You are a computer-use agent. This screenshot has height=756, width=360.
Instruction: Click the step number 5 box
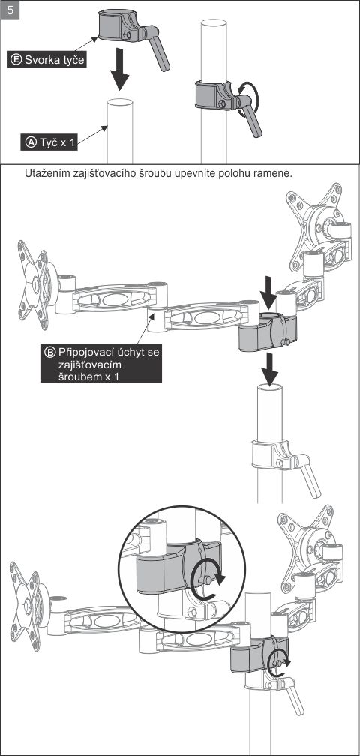point(10,10)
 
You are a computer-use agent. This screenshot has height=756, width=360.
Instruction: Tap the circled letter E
point(16,60)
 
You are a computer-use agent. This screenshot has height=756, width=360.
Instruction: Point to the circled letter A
point(31,142)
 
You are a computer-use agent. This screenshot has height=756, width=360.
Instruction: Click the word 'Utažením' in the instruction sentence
point(44,174)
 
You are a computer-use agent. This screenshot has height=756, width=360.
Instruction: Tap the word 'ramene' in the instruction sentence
point(274,174)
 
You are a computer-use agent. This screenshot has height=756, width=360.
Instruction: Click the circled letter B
point(50,352)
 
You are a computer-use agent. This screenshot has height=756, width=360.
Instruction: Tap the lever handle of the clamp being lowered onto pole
point(158,52)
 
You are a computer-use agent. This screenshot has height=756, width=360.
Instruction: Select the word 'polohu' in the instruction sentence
point(237,174)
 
